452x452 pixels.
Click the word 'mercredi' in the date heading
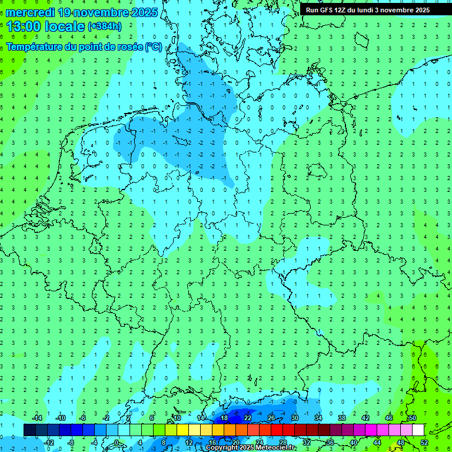click(x=31, y=12)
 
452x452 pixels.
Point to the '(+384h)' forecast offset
click(x=105, y=26)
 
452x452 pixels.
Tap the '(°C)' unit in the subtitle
click(x=154, y=46)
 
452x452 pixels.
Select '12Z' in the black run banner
click(x=343, y=10)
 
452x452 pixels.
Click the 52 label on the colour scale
click(x=424, y=443)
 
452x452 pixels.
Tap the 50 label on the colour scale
click(x=413, y=418)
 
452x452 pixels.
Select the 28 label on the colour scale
click(x=283, y=443)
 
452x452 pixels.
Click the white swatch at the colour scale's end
click(x=418, y=430)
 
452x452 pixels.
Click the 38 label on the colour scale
click(x=342, y=418)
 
